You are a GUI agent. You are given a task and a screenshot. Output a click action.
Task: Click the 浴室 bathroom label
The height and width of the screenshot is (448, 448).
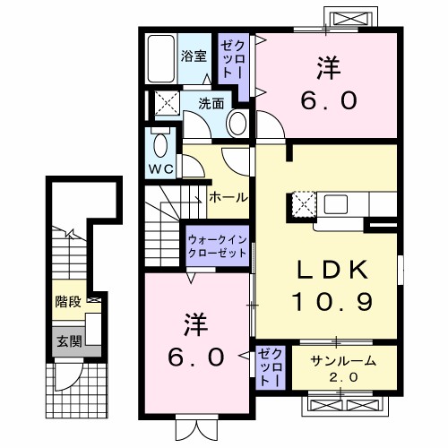[194, 56]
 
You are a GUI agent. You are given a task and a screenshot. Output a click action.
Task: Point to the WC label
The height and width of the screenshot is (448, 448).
[162, 168]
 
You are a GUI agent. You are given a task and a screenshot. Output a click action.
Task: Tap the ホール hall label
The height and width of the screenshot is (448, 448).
[228, 197]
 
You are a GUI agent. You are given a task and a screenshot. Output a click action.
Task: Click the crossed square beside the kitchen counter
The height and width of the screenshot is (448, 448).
[303, 205]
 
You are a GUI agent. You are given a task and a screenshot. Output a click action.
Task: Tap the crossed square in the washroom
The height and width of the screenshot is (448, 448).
[166, 100]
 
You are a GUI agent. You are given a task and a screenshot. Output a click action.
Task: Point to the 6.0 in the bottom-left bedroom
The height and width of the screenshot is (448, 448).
[192, 357]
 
